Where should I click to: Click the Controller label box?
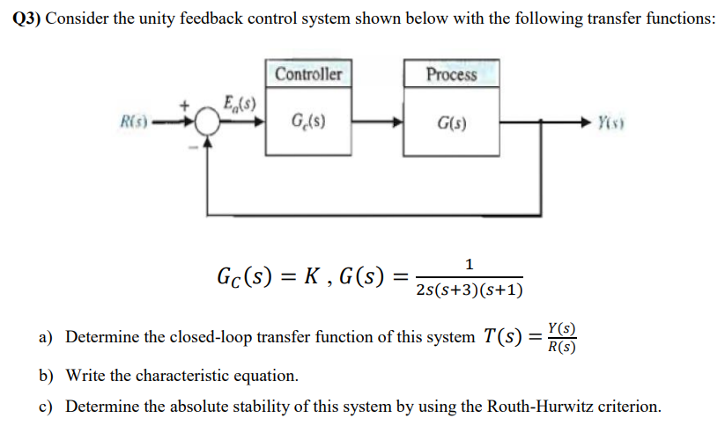pyautogui.click(x=307, y=74)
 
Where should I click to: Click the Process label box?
pyautogui.click(x=451, y=74)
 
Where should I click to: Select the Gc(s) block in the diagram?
pyautogui.click(x=307, y=122)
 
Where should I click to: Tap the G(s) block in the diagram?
pyautogui.click(x=451, y=122)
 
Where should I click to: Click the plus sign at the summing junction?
pyautogui.click(x=185, y=106)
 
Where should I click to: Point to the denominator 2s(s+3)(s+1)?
pyautogui.click(x=469, y=290)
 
